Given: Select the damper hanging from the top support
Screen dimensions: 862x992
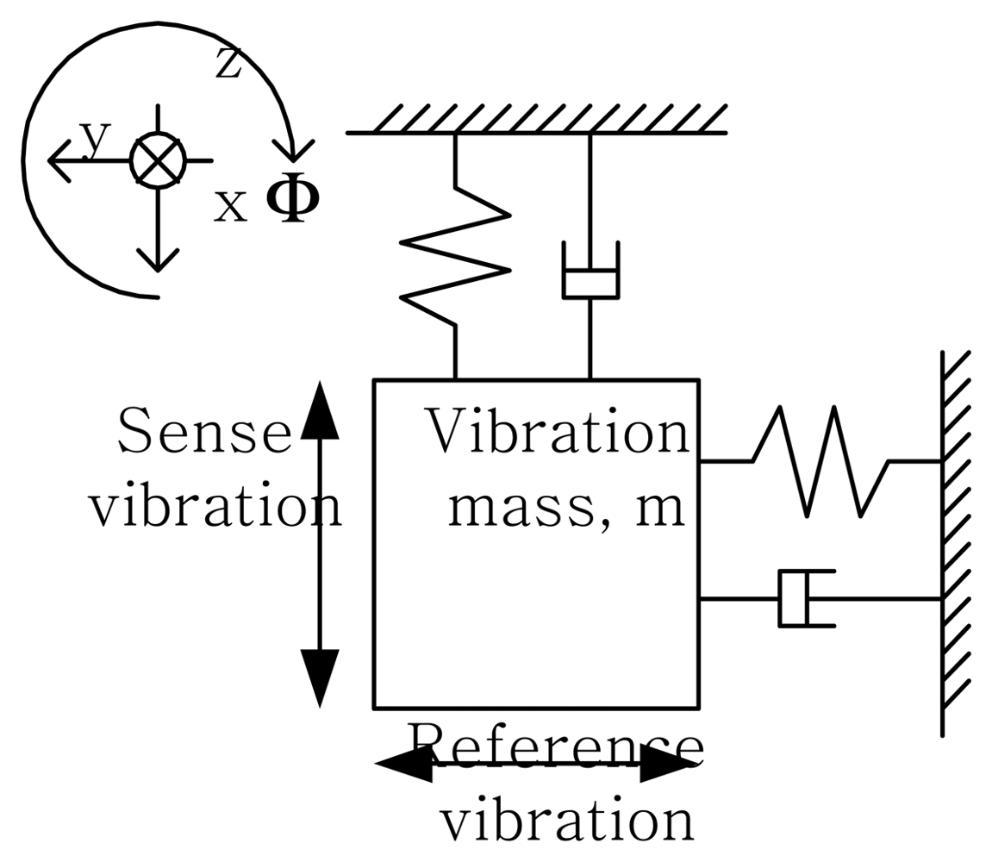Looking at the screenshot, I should tap(590, 272).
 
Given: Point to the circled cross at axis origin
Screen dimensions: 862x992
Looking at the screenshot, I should tap(158, 160).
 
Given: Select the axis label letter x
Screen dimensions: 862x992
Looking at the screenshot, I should tap(230, 206).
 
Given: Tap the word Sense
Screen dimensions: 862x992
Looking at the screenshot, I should tap(204, 431).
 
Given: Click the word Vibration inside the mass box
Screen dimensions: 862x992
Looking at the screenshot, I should tap(558, 431).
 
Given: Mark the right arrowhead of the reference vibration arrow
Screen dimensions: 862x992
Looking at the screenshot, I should tap(668, 763).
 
